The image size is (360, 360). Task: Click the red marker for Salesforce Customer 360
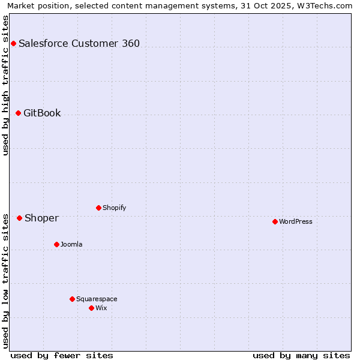coord(13,43)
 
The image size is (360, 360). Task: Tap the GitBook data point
coord(18,113)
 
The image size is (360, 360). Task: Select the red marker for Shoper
coord(19,218)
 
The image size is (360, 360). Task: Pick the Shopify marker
coord(98,208)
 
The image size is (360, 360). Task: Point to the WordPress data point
coord(275,221)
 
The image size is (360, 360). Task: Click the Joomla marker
coord(56,244)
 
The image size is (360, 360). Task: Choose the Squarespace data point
coord(72,299)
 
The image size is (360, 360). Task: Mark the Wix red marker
coord(91,308)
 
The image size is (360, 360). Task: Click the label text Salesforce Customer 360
coord(79,43)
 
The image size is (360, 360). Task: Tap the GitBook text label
coord(42,113)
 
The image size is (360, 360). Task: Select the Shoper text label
coord(41,218)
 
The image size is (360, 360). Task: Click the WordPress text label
coord(296,221)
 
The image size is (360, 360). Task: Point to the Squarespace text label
coord(97,299)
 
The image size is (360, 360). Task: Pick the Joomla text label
coord(71,244)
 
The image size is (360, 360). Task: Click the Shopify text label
coord(114,208)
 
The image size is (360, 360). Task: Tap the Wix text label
coord(101,308)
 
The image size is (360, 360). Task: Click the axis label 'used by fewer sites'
coord(62,355)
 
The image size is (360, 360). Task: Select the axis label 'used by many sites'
coord(301,355)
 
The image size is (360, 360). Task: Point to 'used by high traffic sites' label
coord(6,85)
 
